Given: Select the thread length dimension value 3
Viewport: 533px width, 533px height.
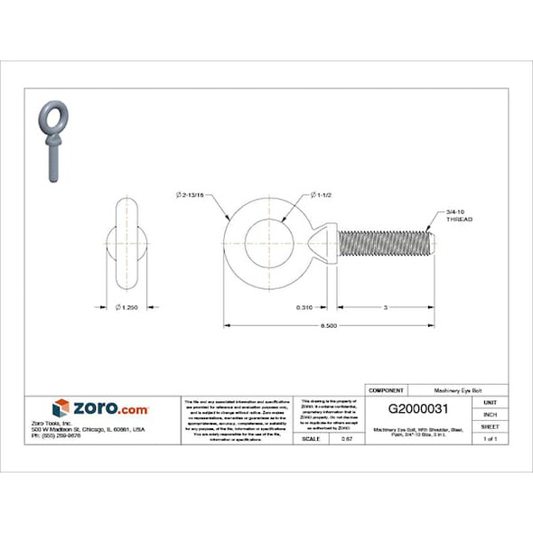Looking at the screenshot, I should [x=386, y=308].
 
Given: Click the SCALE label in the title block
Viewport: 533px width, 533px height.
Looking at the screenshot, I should [x=313, y=438].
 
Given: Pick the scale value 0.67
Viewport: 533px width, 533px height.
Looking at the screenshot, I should [x=345, y=438].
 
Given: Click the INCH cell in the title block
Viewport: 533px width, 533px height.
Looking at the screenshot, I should [x=490, y=414].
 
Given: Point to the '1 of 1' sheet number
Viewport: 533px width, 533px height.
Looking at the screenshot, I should [x=490, y=438].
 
